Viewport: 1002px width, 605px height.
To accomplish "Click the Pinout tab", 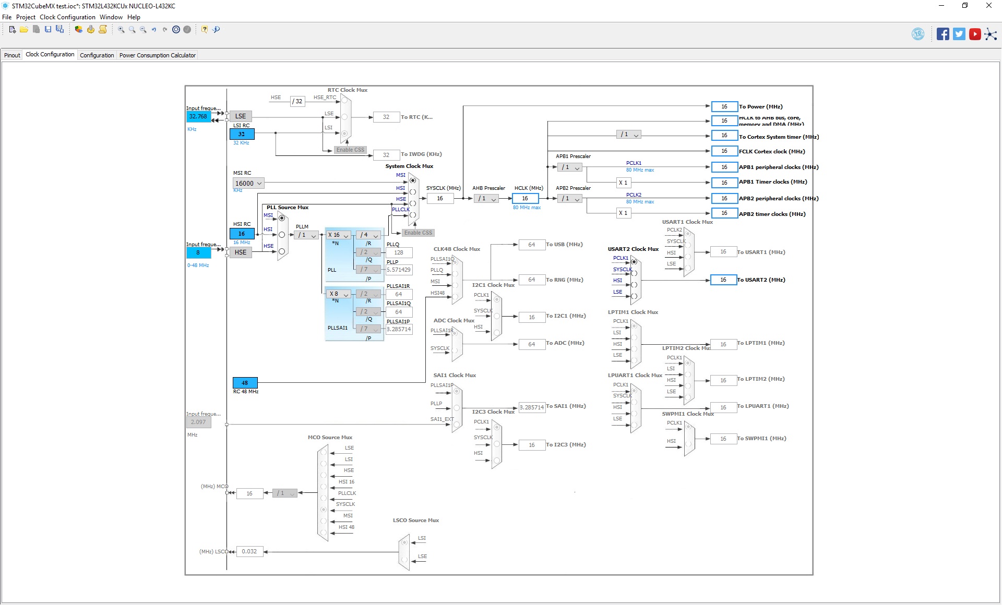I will click(x=12, y=55).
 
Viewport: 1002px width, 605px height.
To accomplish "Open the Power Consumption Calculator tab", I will click(x=157, y=55).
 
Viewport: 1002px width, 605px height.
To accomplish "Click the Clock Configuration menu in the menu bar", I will click(x=67, y=17).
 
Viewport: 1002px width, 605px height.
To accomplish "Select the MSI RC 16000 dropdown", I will click(x=248, y=184).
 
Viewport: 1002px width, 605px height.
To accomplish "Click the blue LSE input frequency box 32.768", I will click(x=198, y=116).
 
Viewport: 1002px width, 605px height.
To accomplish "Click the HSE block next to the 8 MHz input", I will click(x=241, y=252).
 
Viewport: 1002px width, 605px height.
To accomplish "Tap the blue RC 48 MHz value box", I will click(x=245, y=383).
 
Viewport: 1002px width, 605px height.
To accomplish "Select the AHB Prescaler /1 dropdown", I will click(x=486, y=199).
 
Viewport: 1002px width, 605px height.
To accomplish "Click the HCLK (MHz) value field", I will click(x=525, y=199).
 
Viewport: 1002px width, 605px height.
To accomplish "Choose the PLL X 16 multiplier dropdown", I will click(x=338, y=235).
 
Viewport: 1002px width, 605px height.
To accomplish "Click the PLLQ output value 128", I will click(x=399, y=252).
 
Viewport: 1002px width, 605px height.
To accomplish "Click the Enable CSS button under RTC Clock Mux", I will click(x=350, y=150).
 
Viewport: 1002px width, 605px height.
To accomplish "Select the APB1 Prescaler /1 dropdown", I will click(x=569, y=167).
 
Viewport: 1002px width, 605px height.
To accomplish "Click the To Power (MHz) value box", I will click(x=724, y=107).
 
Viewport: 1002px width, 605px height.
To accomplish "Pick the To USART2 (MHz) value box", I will click(x=723, y=280).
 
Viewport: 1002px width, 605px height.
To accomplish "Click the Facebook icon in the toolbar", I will click(x=943, y=34).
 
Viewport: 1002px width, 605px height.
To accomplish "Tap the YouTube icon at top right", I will click(x=974, y=34).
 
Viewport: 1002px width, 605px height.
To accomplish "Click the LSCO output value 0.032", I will click(x=249, y=552).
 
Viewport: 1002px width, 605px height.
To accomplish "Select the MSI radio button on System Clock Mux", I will click(x=413, y=180).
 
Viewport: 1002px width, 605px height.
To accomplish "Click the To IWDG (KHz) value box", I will click(x=386, y=155).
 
